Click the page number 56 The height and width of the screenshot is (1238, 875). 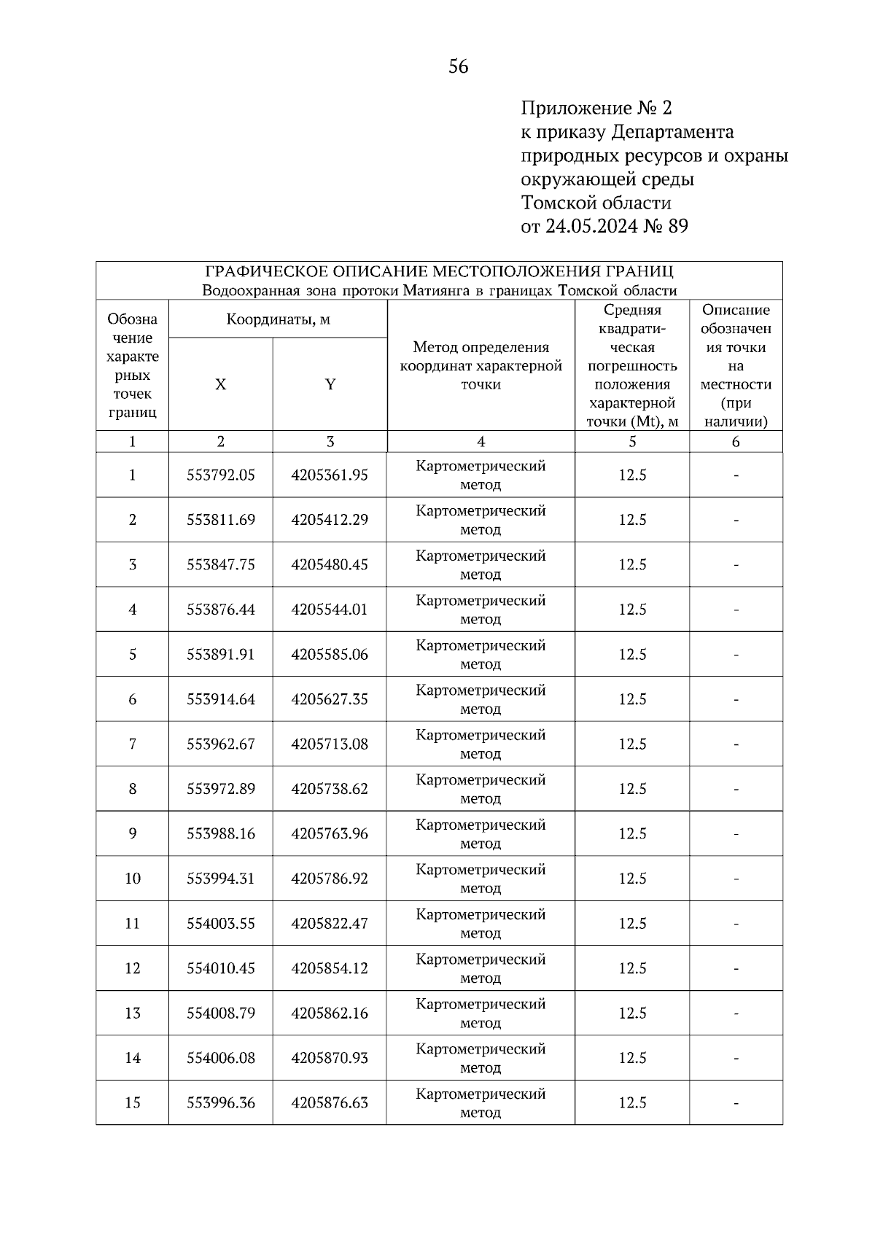click(x=459, y=67)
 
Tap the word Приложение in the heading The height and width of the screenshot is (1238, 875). click(x=576, y=109)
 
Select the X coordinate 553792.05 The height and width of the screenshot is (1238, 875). click(x=221, y=475)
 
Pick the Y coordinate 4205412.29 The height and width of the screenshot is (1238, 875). click(x=330, y=520)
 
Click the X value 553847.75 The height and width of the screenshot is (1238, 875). click(x=221, y=565)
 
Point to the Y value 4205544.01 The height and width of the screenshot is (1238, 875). click(x=330, y=610)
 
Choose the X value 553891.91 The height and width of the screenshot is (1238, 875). click(x=221, y=655)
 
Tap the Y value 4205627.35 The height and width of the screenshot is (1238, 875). click(x=330, y=699)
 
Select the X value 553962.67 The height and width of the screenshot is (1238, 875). click(x=221, y=744)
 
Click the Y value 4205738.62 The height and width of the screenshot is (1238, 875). click(x=330, y=789)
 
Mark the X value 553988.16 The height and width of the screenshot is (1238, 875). click(x=221, y=834)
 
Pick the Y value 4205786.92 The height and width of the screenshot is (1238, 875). click(x=330, y=879)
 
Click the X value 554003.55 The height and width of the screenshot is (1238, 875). click(x=221, y=924)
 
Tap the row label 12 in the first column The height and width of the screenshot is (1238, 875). click(x=133, y=968)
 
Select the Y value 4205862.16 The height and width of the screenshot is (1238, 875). click(x=330, y=1013)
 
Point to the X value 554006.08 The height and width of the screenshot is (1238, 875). click(x=221, y=1058)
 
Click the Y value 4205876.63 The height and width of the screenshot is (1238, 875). click(x=330, y=1103)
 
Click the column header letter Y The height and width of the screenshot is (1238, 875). click(x=330, y=384)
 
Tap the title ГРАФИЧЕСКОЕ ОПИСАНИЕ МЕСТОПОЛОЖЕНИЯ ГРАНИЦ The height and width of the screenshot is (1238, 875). click(x=439, y=272)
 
